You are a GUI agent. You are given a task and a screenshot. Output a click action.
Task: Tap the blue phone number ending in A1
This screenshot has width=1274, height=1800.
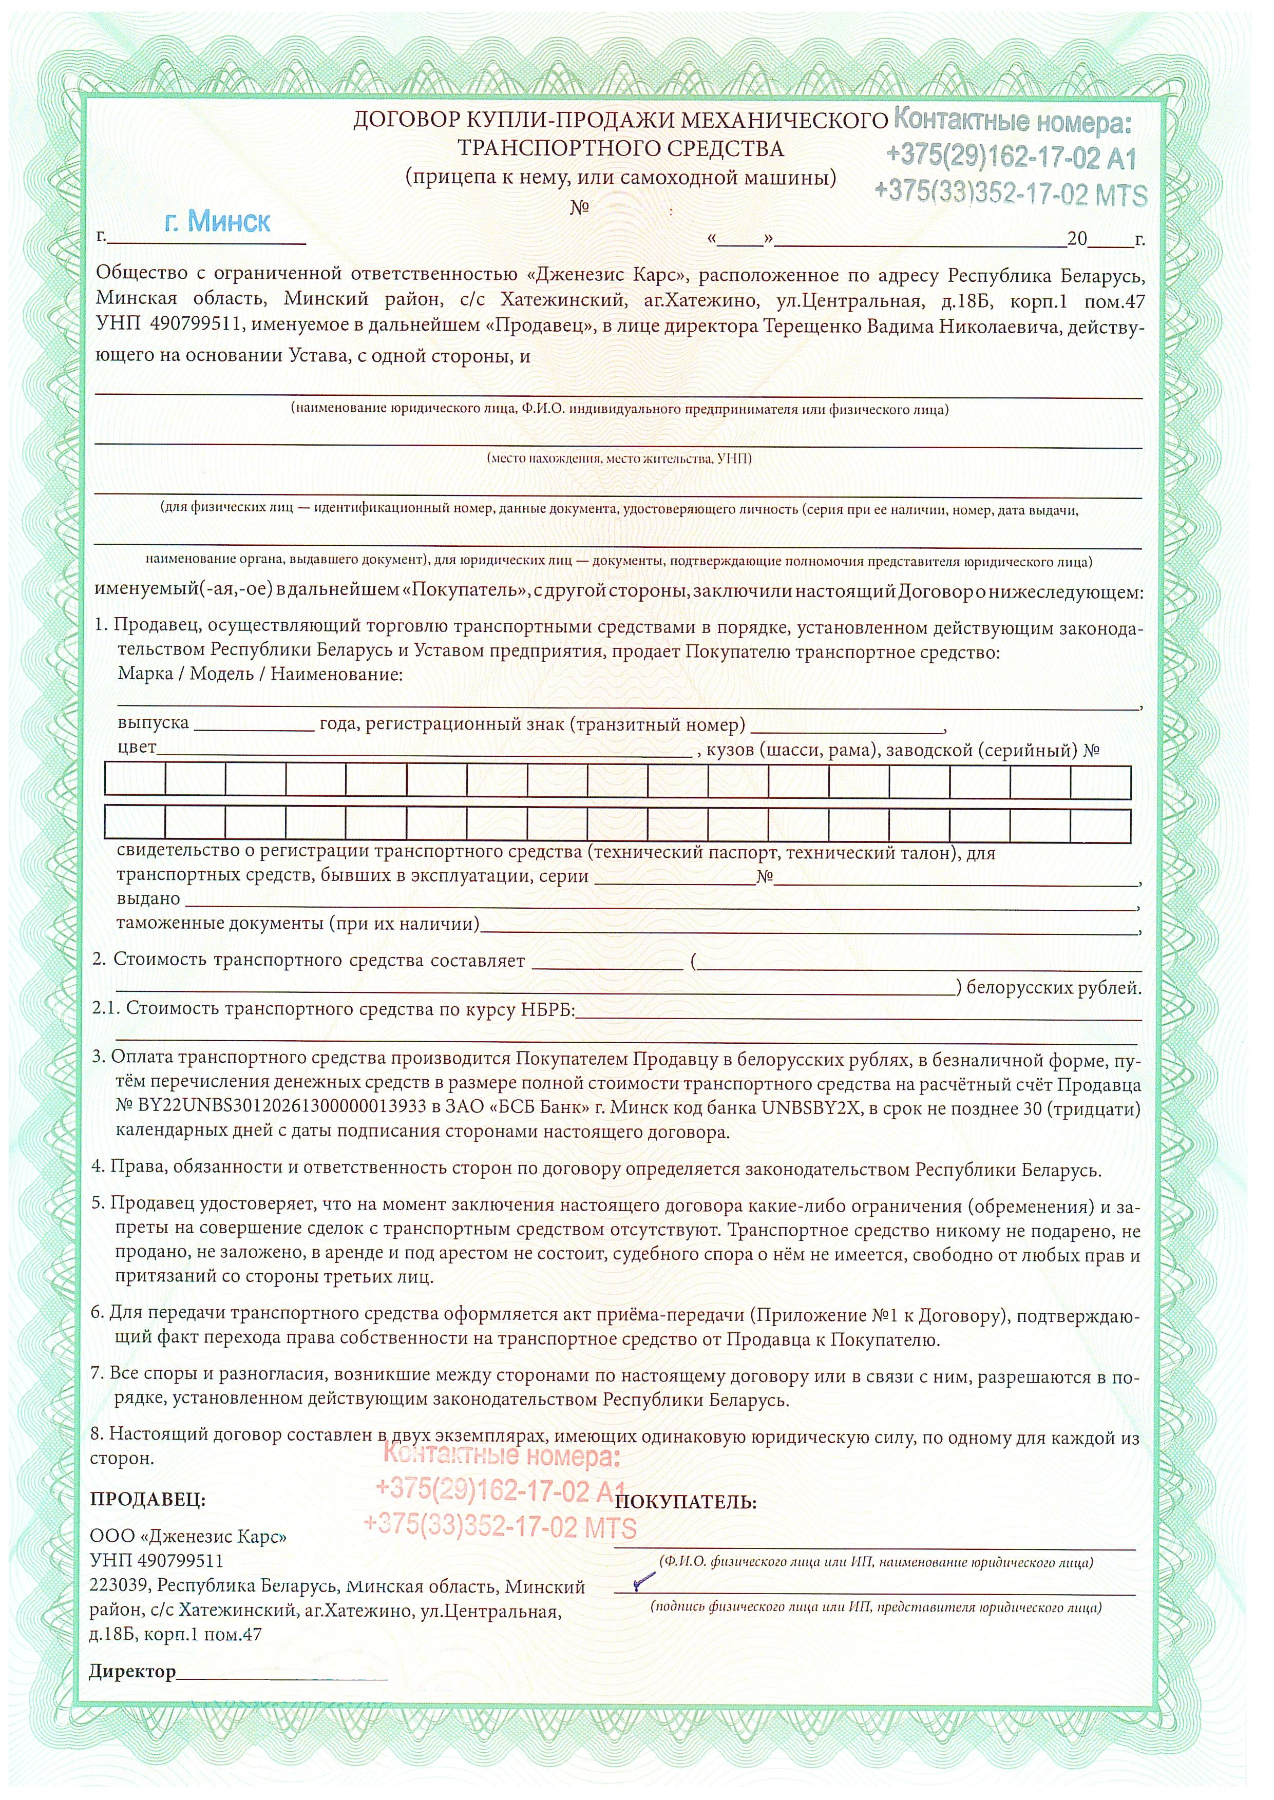1011,158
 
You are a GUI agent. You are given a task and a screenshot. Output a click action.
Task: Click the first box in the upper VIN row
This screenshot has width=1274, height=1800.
135,781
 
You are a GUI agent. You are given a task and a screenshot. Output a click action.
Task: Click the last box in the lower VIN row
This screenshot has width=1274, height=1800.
1100,825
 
